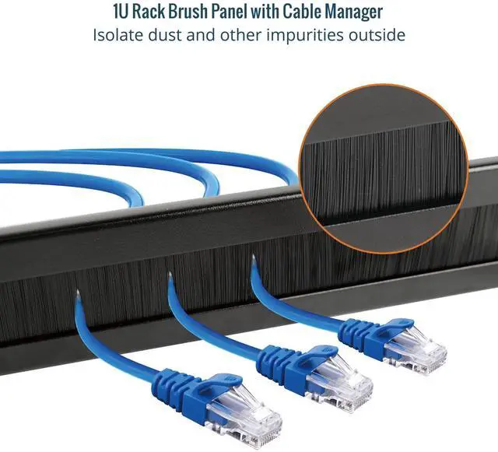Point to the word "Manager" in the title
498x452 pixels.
350,12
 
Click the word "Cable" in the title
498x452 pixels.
300,12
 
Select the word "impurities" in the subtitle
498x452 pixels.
307,35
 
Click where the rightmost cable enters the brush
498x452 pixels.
254,265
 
